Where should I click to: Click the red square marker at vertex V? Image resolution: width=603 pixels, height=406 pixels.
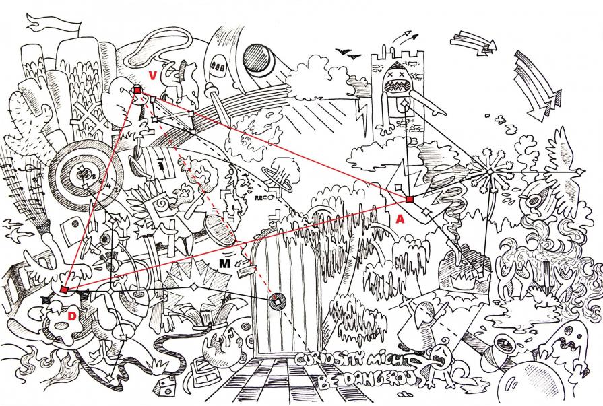[x=137, y=90]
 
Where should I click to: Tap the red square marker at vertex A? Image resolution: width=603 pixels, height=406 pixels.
[x=409, y=199]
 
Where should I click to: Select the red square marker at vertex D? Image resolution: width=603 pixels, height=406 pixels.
[x=64, y=290]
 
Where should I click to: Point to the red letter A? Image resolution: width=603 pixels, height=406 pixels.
[x=400, y=218]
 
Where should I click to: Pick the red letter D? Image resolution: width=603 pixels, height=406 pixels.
[x=72, y=315]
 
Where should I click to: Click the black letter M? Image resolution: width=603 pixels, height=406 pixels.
[x=224, y=263]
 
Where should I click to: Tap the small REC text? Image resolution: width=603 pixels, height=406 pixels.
[x=261, y=198]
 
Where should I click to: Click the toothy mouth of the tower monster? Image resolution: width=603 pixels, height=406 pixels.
[x=394, y=86]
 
